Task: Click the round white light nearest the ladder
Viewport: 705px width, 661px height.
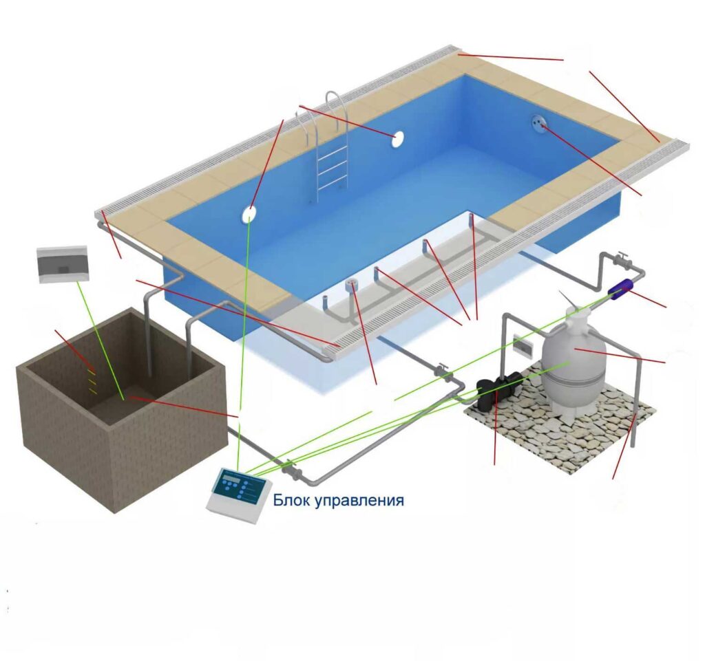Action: coord(397,140)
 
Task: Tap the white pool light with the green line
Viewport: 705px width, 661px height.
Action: coord(249,215)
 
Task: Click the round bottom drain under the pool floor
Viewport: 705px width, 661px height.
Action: coord(352,284)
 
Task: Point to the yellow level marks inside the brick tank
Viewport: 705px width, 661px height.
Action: coord(92,382)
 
